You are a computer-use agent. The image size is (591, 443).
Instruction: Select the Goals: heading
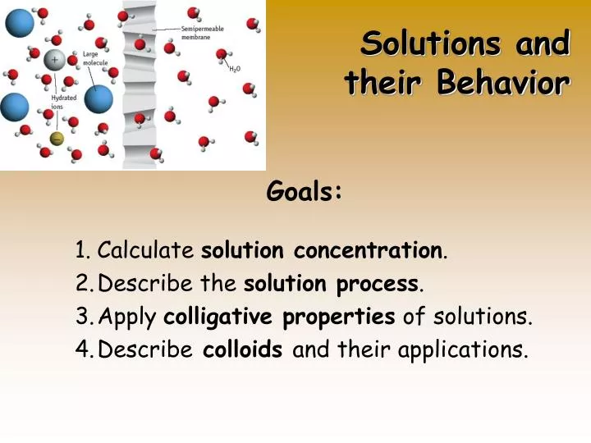click(x=305, y=192)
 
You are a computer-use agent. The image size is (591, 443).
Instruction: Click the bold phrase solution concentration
click(x=322, y=250)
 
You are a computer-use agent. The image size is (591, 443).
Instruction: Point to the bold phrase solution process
click(x=332, y=284)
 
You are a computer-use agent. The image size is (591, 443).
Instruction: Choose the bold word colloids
click(x=243, y=350)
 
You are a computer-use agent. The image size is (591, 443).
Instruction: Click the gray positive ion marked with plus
click(x=55, y=60)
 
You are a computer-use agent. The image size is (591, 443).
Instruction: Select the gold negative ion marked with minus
click(x=57, y=139)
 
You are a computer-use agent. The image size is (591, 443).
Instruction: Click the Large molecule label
click(x=94, y=59)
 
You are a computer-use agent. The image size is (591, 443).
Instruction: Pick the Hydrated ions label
click(x=63, y=102)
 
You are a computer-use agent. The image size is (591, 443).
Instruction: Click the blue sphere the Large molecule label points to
click(x=98, y=99)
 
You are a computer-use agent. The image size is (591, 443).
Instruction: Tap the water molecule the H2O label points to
click(x=222, y=54)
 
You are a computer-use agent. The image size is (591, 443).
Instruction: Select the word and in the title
click(x=543, y=43)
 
